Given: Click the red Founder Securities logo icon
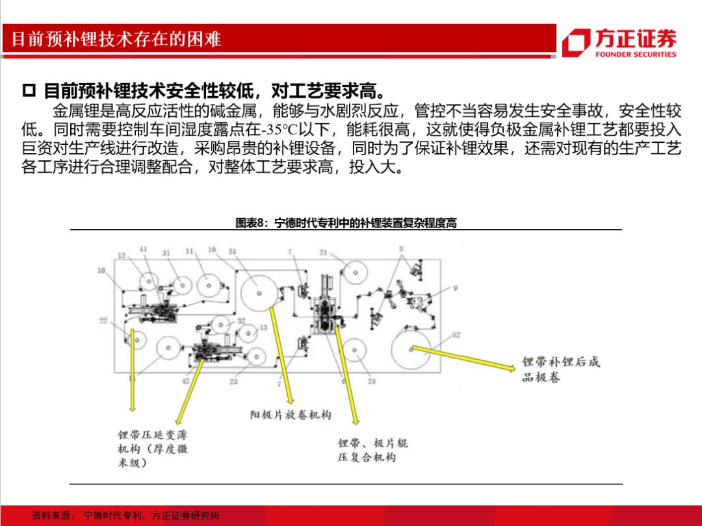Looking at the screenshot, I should click(x=576, y=42).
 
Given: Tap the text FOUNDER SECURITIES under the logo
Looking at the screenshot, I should click(x=635, y=55).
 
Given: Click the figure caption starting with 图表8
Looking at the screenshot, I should click(x=346, y=223).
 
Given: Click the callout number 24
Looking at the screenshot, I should click(x=371, y=381).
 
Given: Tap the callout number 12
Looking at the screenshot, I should click(x=122, y=255).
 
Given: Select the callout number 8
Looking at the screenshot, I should click(x=401, y=248).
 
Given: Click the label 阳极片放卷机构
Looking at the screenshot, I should click(x=291, y=414).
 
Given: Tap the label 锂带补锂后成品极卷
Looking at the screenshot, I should click(x=560, y=369).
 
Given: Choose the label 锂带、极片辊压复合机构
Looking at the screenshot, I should click(x=372, y=450).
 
